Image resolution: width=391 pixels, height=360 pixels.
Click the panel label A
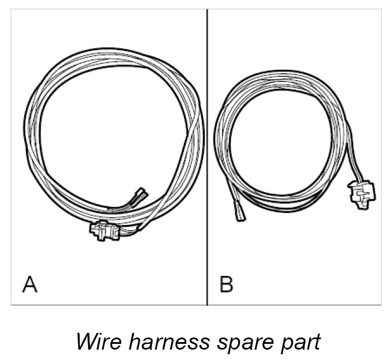(29, 284)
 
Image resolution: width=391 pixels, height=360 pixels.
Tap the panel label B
(226, 284)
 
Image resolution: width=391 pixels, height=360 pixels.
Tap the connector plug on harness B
(362, 193)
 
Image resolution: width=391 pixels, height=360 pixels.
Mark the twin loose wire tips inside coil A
(139, 196)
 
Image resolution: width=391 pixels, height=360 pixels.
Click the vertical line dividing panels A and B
(207, 156)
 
